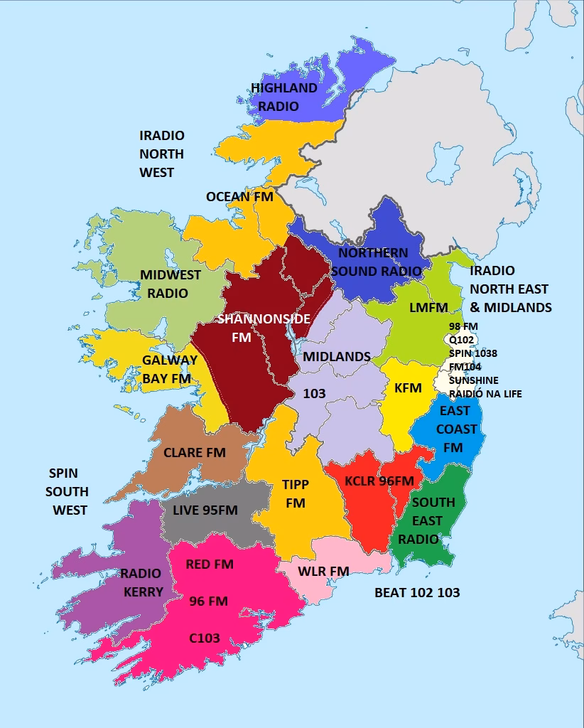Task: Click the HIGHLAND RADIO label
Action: tap(283, 97)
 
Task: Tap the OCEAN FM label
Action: tap(239, 196)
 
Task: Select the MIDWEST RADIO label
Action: tap(170, 284)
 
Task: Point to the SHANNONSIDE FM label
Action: tap(264, 328)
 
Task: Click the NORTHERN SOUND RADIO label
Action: tap(373, 262)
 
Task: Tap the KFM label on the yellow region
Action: tap(408, 388)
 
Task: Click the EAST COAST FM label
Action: tap(454, 429)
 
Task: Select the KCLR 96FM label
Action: tap(379, 481)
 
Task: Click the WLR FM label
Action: tap(323, 571)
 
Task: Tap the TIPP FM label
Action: tap(296, 493)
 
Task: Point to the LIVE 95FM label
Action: tap(205, 510)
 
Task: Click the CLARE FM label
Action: tap(195, 452)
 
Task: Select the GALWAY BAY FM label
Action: tap(169, 369)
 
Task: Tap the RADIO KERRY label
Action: tap(141, 582)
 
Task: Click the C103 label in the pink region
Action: tap(204, 638)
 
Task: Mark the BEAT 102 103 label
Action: tap(417, 592)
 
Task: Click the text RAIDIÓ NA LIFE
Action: tap(485, 393)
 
